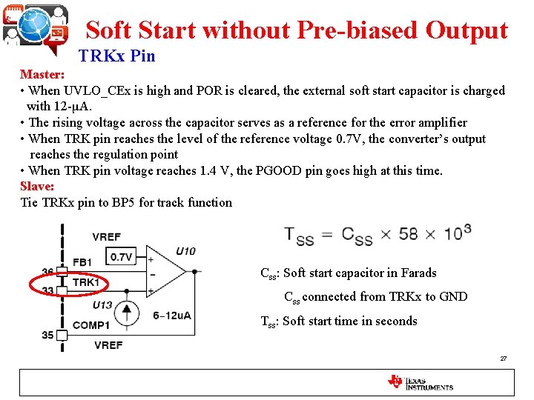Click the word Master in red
coord(41,75)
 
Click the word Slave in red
coord(36,186)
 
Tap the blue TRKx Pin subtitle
coord(116,56)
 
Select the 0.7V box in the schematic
coord(121,257)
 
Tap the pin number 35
coord(47,336)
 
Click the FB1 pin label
coord(82,262)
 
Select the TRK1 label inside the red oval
coord(86,282)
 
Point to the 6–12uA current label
coord(171,316)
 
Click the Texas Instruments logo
coord(420,382)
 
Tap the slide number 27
coord(504,359)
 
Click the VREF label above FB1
coord(106,237)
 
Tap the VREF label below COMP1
coord(109,345)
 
